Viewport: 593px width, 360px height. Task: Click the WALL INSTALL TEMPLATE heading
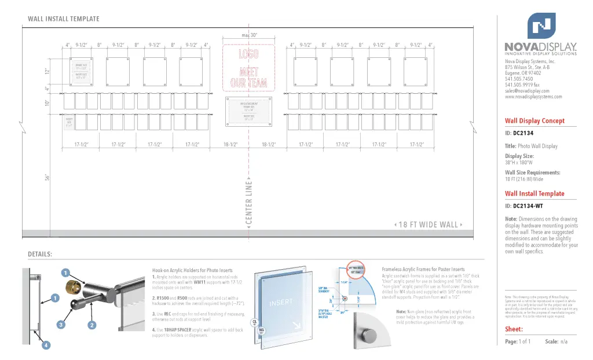tap(64, 19)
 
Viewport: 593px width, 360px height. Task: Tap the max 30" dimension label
tap(249, 35)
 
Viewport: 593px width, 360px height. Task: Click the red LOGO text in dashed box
tap(249, 54)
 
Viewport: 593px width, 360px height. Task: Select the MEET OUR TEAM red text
tap(249, 78)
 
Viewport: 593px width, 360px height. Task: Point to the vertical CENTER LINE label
tap(249, 204)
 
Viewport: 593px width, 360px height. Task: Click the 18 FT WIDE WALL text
tap(428, 225)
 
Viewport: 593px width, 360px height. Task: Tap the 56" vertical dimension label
tap(47, 177)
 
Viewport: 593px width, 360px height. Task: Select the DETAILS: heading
tap(40, 255)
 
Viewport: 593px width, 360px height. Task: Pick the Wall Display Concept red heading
tap(535, 121)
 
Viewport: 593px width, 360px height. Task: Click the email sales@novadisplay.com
tap(527, 91)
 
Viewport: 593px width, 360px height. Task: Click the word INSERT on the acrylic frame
tap(281, 302)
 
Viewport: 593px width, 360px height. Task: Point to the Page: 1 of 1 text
tap(517, 341)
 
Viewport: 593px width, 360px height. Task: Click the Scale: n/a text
tap(556, 341)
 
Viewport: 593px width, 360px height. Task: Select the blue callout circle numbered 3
tap(61, 325)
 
